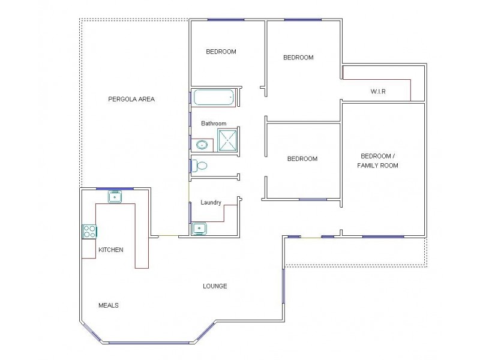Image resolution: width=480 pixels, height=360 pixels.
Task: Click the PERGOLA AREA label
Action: coord(131,99)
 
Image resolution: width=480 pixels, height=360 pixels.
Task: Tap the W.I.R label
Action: coord(378,91)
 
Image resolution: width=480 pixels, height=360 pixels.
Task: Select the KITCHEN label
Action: coord(111,250)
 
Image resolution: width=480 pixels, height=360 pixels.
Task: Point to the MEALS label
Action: coord(108,305)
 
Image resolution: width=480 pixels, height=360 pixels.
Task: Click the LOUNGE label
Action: coord(215,286)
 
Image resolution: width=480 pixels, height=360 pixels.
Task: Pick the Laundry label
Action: coord(211,203)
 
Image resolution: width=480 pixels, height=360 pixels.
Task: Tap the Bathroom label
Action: coord(214,124)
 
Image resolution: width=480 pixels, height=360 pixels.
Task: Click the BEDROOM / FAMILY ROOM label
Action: coord(377,160)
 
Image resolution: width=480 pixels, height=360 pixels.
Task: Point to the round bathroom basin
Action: coord(203,145)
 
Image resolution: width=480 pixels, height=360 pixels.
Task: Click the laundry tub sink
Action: coord(199,228)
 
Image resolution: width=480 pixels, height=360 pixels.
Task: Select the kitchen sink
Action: coord(115,196)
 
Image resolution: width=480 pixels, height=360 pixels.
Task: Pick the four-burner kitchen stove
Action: coord(89,231)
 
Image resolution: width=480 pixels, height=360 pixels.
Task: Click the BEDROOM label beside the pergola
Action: coord(221,52)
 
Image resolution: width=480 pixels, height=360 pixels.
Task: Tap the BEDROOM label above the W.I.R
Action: coord(299,58)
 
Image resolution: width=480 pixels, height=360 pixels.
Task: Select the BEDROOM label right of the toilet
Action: coord(302,159)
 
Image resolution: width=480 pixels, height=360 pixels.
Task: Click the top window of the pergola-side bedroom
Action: coord(226,20)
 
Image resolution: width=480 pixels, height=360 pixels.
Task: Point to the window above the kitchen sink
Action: coord(114,188)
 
